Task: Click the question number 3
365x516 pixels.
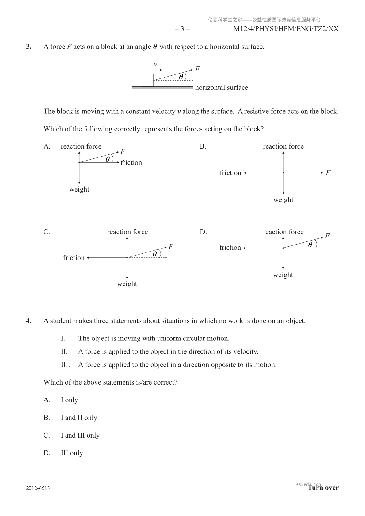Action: point(29,47)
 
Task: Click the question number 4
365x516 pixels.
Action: point(29,321)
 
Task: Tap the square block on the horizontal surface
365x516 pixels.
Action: point(147,80)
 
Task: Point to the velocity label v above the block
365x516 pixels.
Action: point(155,64)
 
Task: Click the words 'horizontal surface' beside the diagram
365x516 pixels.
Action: point(221,88)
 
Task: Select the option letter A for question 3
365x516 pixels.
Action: point(47,146)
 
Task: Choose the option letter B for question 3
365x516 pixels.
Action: point(203,146)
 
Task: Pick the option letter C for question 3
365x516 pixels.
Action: point(47,232)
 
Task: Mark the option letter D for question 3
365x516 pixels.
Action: point(203,232)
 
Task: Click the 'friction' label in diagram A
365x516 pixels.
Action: point(131,163)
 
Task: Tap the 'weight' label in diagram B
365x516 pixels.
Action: point(283,200)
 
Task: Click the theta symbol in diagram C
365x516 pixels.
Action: point(155,254)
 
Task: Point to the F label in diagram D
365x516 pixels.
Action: point(327,236)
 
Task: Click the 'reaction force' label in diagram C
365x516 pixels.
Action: point(127,232)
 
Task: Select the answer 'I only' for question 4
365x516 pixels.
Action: point(69,400)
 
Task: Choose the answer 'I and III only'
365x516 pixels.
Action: point(80,435)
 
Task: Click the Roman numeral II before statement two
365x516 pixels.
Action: point(64,351)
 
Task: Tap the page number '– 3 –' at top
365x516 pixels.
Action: point(182,29)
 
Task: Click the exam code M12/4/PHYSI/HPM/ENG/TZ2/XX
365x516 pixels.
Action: point(286,29)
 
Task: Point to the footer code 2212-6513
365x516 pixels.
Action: point(38,488)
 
